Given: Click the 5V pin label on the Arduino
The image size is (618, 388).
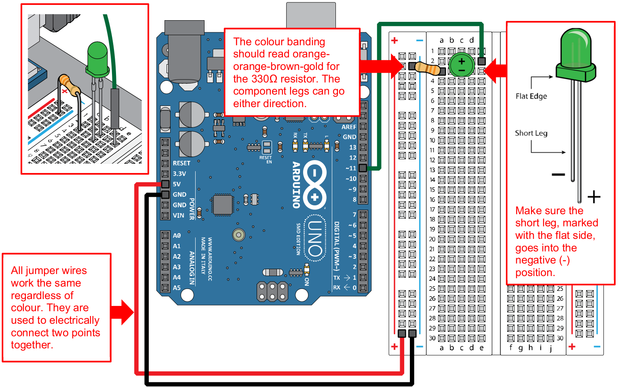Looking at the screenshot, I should click(x=177, y=184).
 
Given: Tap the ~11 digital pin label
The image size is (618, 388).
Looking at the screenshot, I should click(x=351, y=168).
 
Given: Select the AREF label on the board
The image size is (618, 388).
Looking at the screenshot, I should click(x=348, y=127).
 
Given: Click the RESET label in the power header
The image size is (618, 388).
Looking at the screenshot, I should click(x=181, y=163).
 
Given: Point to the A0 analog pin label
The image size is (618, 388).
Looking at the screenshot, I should click(x=177, y=236).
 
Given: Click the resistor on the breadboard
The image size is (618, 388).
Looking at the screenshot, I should click(x=428, y=68).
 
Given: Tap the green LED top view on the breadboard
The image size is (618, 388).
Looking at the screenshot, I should click(x=462, y=65).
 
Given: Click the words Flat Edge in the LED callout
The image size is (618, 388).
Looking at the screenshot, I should click(x=531, y=96).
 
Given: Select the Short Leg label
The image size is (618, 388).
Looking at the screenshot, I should click(x=531, y=133).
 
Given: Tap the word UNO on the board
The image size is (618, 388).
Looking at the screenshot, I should click(x=315, y=238).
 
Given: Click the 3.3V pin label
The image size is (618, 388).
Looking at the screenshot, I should click(x=179, y=174).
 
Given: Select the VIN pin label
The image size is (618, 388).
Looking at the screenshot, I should click(x=178, y=215).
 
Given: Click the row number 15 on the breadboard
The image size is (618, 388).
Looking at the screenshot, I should click(x=432, y=190).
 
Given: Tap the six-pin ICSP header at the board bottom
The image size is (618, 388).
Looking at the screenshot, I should click(x=272, y=292).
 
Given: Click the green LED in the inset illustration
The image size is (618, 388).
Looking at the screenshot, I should click(x=97, y=59).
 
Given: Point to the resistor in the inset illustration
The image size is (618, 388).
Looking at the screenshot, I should click(x=69, y=84).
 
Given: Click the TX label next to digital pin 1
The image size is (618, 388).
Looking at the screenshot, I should click(x=336, y=278).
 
